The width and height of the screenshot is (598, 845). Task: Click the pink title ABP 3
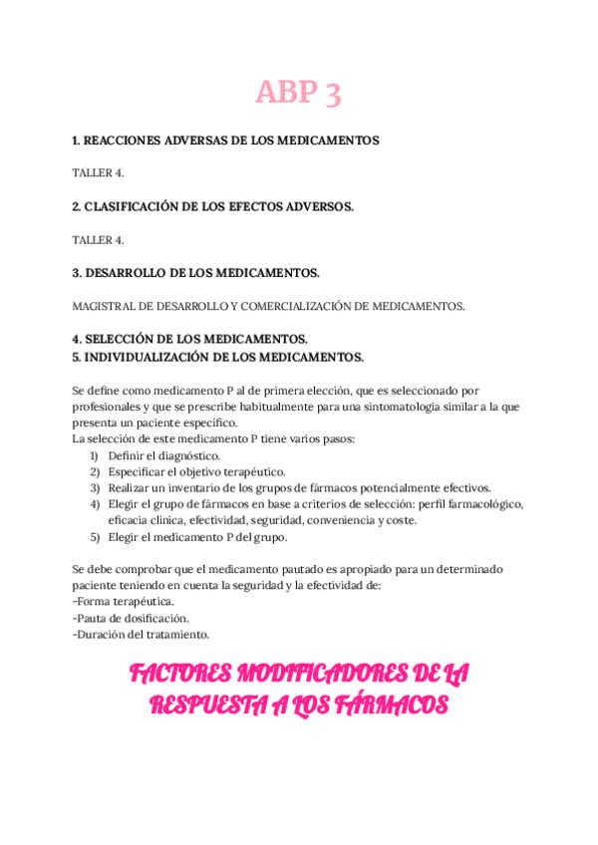click(298, 93)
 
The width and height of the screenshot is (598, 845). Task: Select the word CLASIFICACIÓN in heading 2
click(134, 206)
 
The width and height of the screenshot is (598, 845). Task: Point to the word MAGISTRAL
click(105, 306)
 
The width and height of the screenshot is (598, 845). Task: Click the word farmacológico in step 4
click(483, 504)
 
